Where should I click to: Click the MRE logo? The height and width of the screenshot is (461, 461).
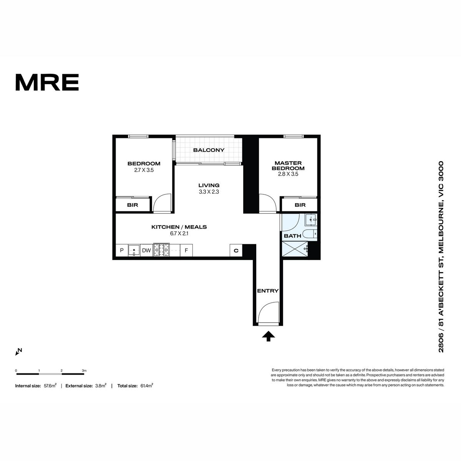pos(47,82)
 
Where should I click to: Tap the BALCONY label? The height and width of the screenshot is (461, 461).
pos(209,150)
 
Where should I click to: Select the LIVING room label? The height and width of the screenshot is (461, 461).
pos(209,185)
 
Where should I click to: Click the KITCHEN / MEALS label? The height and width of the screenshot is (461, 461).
pos(179,227)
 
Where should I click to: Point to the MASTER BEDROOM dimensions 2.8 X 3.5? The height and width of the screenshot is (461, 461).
pos(288,174)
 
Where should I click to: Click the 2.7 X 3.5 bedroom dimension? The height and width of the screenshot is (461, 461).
pos(144,170)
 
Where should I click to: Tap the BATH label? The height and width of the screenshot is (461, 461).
pos(292,236)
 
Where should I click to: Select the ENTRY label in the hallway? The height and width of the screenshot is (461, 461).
pos(268,291)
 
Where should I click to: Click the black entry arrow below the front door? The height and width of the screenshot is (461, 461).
pos(268,336)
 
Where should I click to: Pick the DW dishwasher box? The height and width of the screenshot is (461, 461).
pos(146,250)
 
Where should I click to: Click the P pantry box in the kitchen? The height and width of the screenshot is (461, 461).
pos(122,250)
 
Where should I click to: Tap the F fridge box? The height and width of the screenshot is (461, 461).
pos(186,250)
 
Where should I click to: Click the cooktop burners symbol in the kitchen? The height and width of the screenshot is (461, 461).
pos(161,250)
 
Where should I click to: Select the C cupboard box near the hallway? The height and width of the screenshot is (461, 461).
pos(236,250)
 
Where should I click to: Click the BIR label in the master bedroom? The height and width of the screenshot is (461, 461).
pos(300,205)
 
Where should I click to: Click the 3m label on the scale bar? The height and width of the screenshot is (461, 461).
pos(84,371)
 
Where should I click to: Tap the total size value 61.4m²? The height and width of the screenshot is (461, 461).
pos(147,385)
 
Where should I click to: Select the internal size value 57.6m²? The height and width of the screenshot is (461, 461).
pos(50,385)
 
